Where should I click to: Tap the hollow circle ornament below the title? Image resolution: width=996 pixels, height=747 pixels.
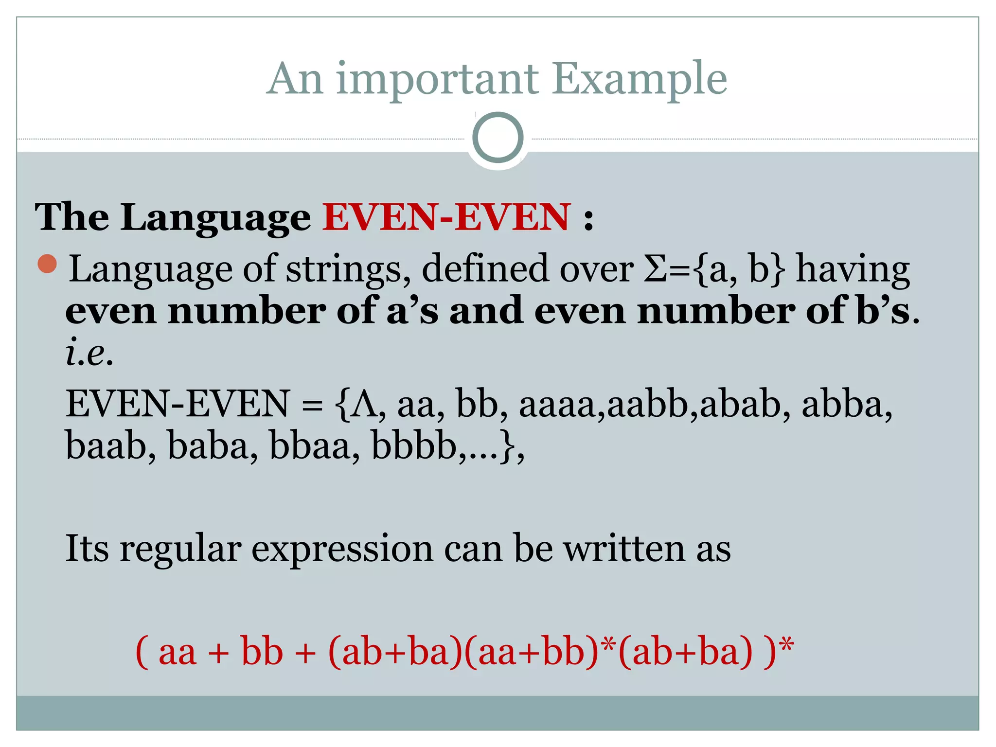[498, 138]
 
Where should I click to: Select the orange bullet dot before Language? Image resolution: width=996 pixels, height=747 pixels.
[47, 264]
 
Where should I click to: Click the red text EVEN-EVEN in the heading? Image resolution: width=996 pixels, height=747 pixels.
[446, 217]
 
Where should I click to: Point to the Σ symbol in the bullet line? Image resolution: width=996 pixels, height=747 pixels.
[656, 269]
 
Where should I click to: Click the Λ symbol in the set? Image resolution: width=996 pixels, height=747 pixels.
[365, 405]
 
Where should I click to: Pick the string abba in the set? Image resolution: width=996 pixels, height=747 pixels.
[844, 405]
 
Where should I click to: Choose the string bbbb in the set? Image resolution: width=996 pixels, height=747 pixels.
[413, 445]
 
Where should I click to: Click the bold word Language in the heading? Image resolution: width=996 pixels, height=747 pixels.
[215, 218]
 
